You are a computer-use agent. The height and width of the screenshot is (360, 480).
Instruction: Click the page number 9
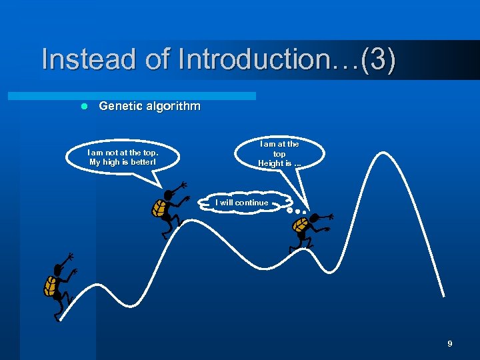449,344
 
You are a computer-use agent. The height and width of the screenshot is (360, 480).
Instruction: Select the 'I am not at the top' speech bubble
123,157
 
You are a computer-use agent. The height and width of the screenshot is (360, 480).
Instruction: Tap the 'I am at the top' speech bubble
279,154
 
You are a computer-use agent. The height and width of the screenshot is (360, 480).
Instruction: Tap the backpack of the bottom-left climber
50,286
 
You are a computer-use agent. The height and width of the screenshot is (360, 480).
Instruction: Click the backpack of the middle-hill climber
159,208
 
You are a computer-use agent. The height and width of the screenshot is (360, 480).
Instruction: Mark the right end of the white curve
444,297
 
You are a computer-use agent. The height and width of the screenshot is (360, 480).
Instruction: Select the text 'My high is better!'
123,162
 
